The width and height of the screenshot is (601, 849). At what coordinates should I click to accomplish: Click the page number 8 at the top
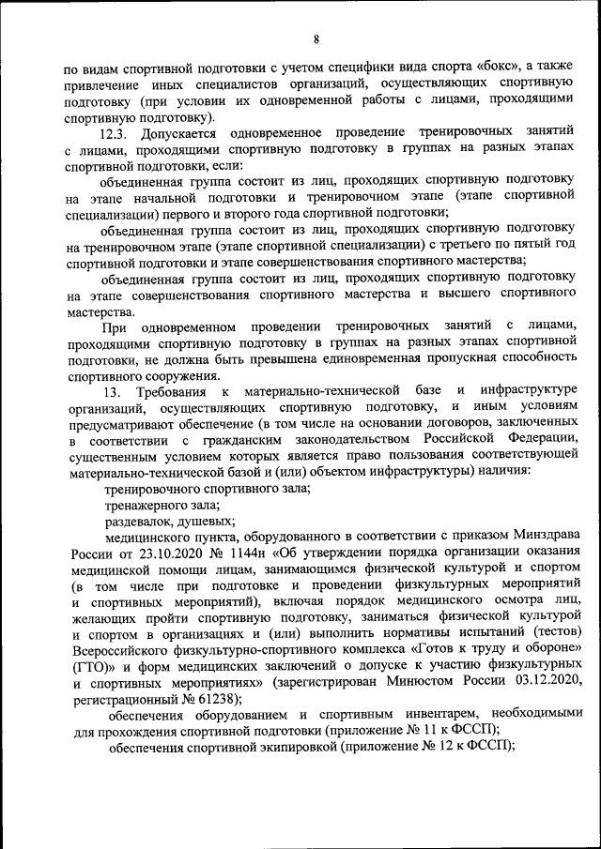(x=316, y=38)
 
